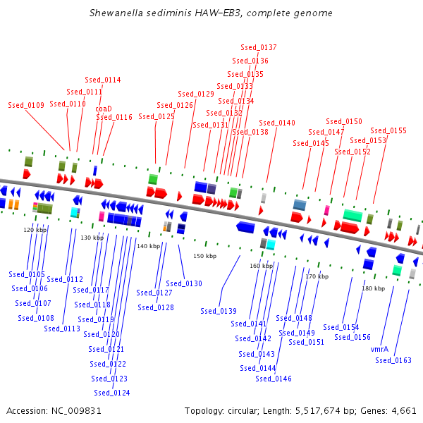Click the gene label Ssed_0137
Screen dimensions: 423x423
click(x=259, y=47)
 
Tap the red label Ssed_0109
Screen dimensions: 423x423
click(x=26, y=105)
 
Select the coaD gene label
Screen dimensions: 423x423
click(x=104, y=109)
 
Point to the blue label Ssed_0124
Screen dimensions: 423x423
click(x=112, y=393)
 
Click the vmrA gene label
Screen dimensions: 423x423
click(x=379, y=350)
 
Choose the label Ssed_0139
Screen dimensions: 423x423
click(x=219, y=311)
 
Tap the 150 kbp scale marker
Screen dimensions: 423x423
click(x=204, y=256)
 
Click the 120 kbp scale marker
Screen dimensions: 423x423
click(x=35, y=230)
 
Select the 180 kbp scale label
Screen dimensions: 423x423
click(x=374, y=288)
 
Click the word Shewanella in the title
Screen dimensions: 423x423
click(x=116, y=13)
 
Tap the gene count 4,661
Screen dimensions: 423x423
click(x=404, y=411)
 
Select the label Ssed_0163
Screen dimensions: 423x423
click(x=393, y=360)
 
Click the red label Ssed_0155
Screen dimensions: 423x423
click(x=388, y=131)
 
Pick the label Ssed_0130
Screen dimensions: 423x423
click(x=184, y=283)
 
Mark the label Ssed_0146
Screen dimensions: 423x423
click(x=274, y=379)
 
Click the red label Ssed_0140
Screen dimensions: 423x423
click(x=277, y=123)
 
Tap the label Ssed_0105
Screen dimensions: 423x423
click(x=27, y=274)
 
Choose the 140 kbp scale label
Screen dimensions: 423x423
click(x=148, y=246)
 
